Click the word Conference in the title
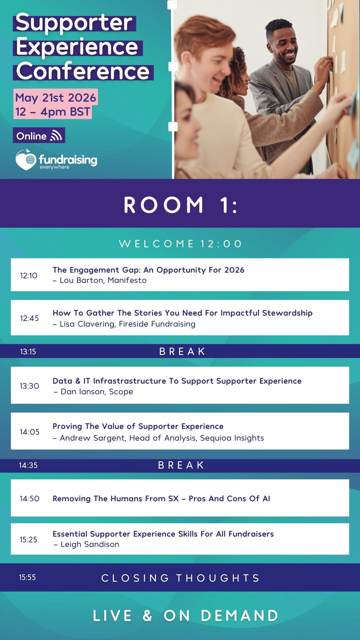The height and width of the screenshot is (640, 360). (83, 71)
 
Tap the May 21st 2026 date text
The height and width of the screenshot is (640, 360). (56, 98)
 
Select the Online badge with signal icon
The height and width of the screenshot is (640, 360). (39, 136)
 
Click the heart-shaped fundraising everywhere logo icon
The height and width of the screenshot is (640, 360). (26, 160)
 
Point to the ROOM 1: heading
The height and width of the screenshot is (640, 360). (180, 205)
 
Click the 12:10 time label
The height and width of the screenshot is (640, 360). (29, 276)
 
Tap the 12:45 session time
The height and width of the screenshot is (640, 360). (29, 318)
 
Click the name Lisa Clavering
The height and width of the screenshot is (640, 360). (87, 324)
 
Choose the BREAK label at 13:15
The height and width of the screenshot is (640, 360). (182, 351)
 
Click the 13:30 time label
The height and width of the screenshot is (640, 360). (29, 386)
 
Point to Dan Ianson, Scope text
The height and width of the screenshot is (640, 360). (97, 392)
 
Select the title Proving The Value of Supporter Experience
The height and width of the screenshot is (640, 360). (138, 426)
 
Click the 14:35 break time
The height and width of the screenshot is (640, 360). (28, 465)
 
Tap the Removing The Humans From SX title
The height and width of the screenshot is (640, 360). (116, 499)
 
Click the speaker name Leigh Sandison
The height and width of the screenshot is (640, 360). (90, 544)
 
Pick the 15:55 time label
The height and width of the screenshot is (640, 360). (27, 577)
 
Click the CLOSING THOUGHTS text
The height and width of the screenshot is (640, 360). (180, 578)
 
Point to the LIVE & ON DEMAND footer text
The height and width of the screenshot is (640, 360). (185, 616)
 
